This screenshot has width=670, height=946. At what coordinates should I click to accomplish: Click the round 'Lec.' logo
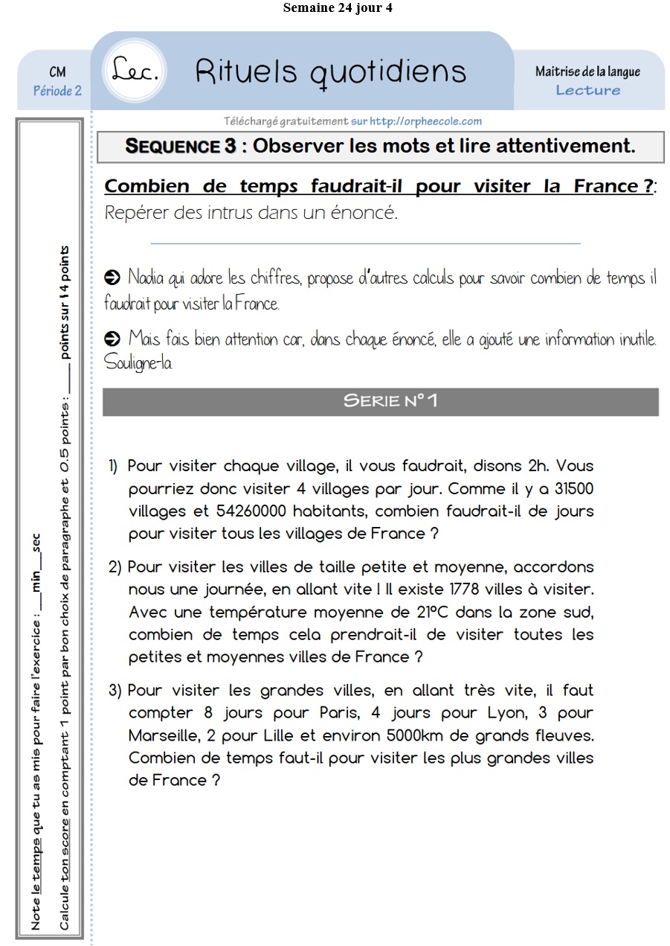(136, 71)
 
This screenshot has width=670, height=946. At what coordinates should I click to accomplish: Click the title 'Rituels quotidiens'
(331, 71)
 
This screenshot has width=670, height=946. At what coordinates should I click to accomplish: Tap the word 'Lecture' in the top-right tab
(587, 90)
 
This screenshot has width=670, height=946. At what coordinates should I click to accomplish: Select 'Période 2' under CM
(57, 91)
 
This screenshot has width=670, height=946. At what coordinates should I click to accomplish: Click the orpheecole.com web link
(425, 121)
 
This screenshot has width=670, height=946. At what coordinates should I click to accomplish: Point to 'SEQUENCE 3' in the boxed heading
(181, 146)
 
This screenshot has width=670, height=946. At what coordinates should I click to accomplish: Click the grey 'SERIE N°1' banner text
(390, 400)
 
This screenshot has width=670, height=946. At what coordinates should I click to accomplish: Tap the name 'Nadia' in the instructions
(146, 278)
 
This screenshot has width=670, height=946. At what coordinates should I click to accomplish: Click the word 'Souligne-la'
(138, 364)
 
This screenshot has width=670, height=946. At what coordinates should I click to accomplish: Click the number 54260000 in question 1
(242, 511)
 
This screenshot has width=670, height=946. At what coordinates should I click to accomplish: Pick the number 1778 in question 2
(467, 589)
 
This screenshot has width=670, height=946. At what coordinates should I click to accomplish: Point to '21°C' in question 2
(430, 613)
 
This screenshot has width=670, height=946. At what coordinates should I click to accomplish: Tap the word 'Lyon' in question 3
(506, 712)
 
